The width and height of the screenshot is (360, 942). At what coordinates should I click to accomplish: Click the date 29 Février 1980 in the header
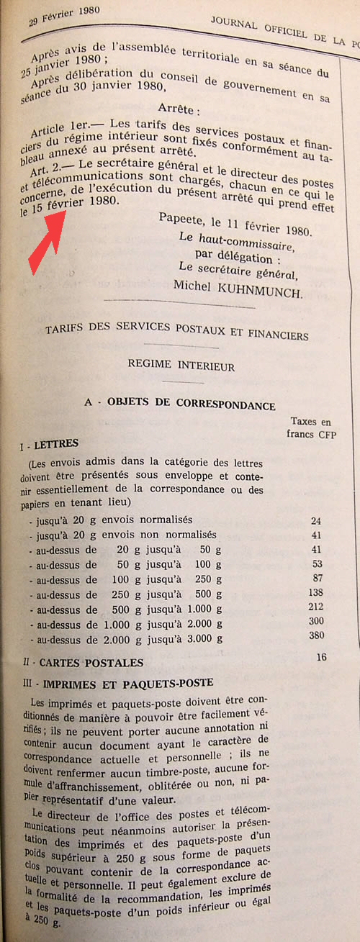(x=64, y=14)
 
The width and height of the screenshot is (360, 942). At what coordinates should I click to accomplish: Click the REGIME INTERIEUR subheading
(x=181, y=366)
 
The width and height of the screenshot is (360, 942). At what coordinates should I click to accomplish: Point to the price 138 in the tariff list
(x=315, y=592)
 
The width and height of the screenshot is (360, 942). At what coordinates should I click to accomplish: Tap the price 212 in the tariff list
(x=315, y=607)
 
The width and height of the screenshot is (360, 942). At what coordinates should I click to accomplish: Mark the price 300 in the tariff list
(x=315, y=620)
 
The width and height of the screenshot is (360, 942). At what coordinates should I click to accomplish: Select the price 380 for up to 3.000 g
(x=315, y=635)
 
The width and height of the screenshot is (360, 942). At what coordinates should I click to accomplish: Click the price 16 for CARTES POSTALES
(x=321, y=657)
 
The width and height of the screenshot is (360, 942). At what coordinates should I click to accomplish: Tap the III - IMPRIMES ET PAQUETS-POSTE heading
(x=117, y=682)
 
